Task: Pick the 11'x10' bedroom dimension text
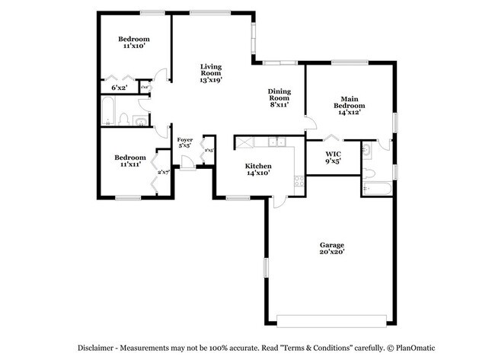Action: click(x=133, y=46)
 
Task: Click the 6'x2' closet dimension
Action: click(x=120, y=88)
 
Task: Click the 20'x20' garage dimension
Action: click(x=332, y=252)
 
